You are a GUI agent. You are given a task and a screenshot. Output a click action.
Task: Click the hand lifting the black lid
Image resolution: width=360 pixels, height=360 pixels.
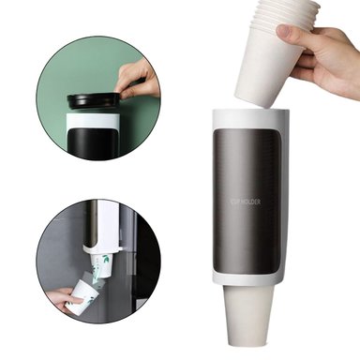(x=139, y=80)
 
